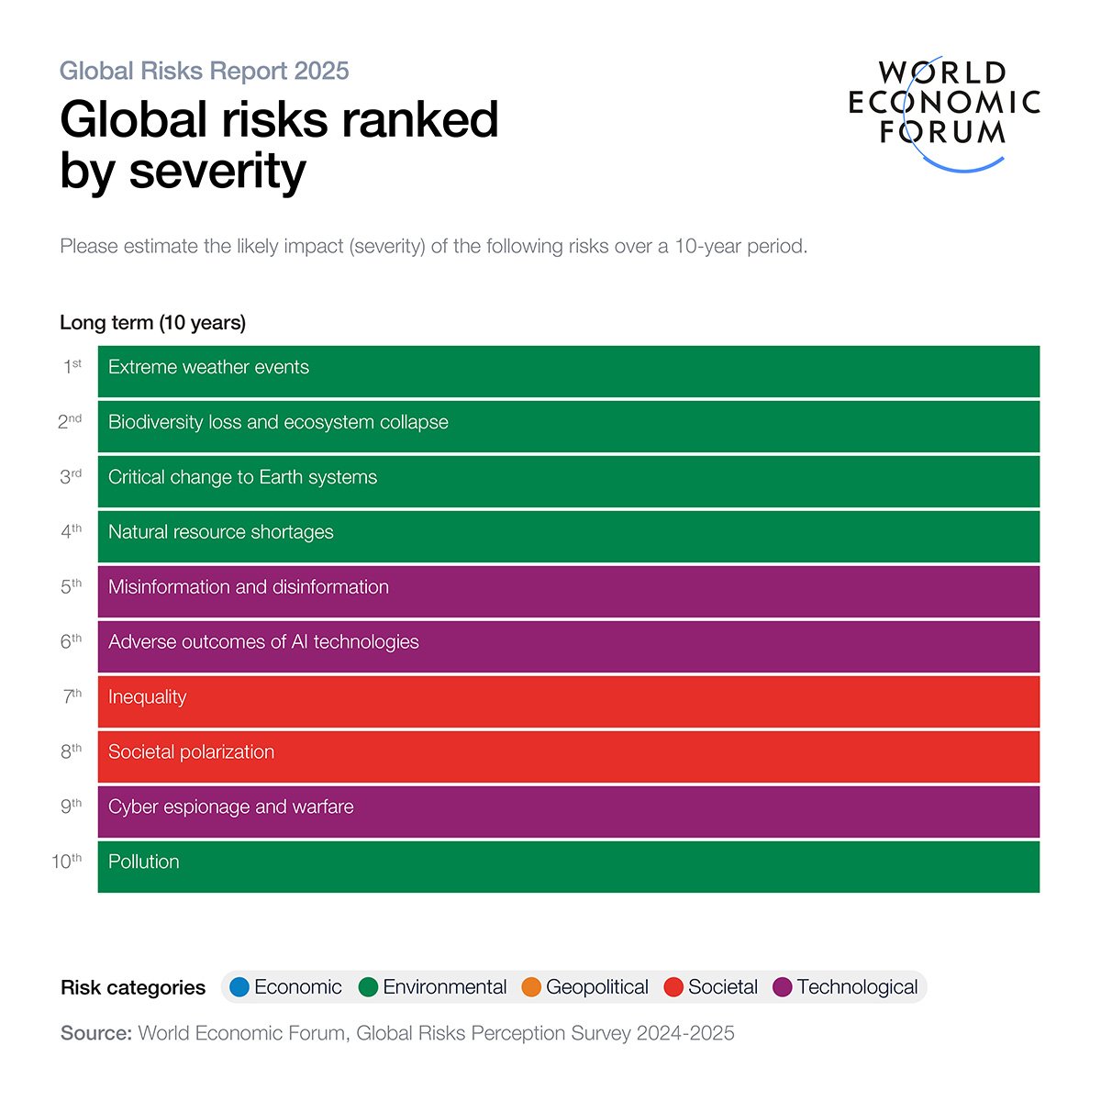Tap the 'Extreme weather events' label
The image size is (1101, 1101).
208,368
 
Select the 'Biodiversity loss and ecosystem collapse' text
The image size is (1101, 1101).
278,423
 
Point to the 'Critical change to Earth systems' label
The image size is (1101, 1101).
242,478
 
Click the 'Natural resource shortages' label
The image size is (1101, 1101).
220,533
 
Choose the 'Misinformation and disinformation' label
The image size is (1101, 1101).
248,587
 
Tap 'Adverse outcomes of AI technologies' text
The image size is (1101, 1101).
263,642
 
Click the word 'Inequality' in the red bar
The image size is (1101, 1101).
147,697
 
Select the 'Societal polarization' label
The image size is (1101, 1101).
191,752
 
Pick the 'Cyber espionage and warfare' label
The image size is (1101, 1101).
230,807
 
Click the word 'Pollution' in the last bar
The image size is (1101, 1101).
143,862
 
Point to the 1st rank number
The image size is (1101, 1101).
72,367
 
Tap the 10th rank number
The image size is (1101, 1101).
66,862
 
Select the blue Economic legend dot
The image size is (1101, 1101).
239,987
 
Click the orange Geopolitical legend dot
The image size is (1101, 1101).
530,987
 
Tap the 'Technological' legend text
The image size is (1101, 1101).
857,987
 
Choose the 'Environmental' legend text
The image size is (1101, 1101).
444,987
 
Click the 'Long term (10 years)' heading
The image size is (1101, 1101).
152,323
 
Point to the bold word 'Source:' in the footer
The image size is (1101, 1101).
96,1033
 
